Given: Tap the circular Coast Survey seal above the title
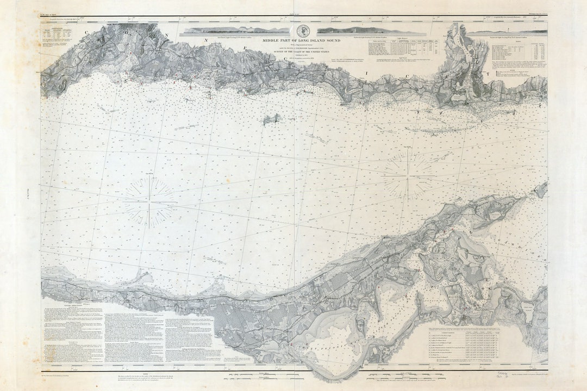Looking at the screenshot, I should pyautogui.click(x=301, y=30).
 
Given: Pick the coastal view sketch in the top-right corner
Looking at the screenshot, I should pyautogui.click(x=505, y=32).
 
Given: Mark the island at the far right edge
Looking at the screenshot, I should pyautogui.click(x=541, y=190).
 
